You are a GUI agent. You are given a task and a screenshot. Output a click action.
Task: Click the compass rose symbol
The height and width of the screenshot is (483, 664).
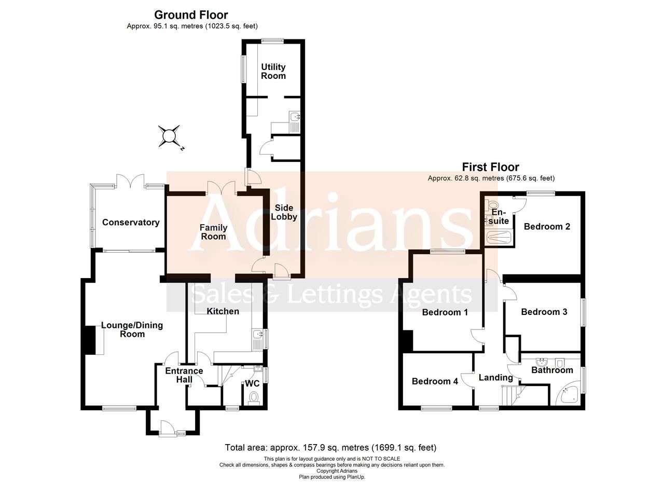[169, 136]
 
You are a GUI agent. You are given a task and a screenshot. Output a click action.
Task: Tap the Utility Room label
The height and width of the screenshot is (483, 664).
[273, 72]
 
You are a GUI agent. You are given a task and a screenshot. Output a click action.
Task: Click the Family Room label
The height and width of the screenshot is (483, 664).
[213, 232]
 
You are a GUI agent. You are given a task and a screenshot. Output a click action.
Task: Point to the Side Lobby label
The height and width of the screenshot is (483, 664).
[284, 212]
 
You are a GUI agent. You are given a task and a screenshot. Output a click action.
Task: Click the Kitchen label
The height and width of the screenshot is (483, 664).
[223, 311]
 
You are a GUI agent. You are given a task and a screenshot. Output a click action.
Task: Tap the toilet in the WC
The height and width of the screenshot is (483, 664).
[254, 397]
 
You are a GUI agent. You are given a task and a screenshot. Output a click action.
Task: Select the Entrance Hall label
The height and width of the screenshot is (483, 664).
[184, 375]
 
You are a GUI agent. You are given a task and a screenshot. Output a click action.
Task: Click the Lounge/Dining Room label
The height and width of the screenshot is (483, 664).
[132, 329]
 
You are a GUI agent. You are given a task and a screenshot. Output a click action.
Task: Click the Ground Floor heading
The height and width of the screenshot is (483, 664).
[191, 15]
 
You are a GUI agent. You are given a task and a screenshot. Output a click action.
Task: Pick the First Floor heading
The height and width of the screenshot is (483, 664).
[490, 167]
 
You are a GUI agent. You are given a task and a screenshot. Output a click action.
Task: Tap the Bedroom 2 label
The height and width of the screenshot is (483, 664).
[547, 227]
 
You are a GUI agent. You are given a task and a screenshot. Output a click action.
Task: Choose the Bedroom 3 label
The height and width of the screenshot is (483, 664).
[544, 312]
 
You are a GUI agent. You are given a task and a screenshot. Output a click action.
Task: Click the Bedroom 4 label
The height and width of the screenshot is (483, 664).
[435, 381]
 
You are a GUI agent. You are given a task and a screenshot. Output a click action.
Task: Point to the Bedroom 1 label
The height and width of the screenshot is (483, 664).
[445, 312]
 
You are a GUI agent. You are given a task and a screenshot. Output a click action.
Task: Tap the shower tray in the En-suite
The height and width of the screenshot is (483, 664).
[499, 238]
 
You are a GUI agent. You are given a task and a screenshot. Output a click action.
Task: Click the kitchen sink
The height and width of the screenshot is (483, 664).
[257, 340]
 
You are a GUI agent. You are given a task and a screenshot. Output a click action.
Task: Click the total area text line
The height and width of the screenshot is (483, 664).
[330, 447]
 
